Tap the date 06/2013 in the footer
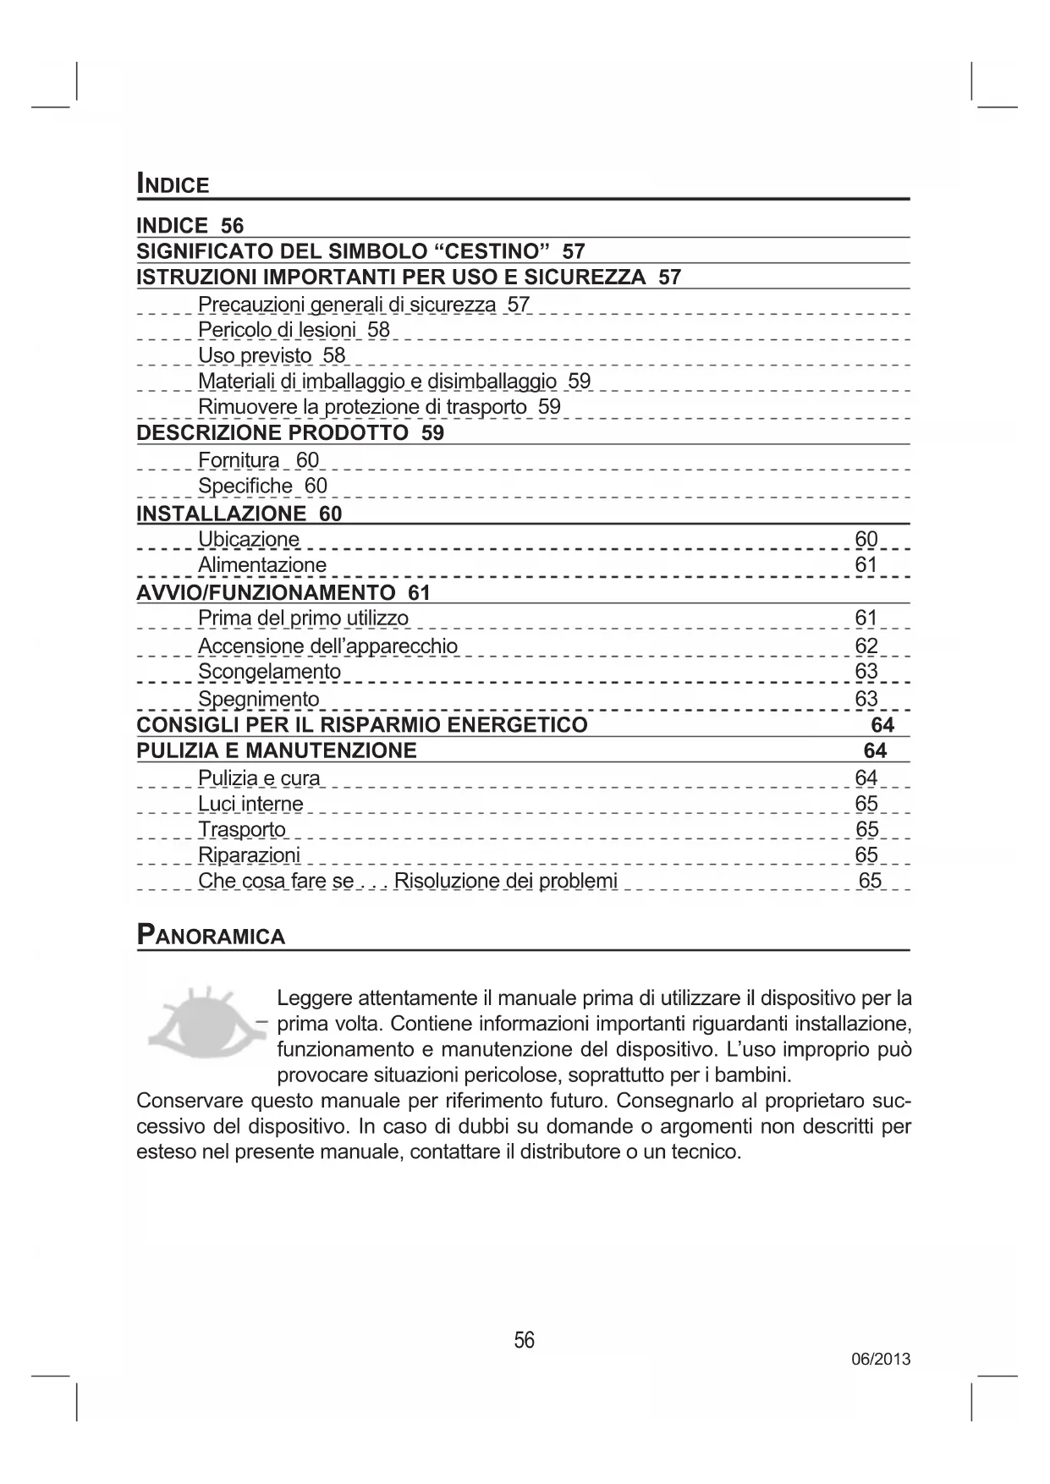click(881, 1360)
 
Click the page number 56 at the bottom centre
click(525, 1340)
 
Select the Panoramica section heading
click(212, 936)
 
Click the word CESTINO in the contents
click(492, 251)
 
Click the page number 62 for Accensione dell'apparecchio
click(866, 646)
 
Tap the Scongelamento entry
click(269, 672)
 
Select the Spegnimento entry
click(259, 699)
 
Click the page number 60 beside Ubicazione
click(866, 539)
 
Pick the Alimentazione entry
click(262, 565)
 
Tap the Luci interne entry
click(250, 804)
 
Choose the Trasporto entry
click(242, 829)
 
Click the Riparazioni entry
click(249, 855)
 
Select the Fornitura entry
click(239, 460)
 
